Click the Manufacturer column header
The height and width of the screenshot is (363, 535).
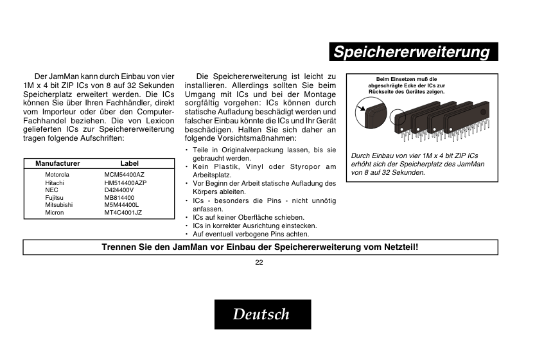click(x=58, y=164)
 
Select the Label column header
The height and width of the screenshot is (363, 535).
click(x=129, y=164)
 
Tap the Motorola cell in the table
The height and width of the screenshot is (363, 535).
click(x=57, y=175)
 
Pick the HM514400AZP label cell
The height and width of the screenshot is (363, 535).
click(x=125, y=183)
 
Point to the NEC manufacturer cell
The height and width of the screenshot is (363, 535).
click(x=51, y=190)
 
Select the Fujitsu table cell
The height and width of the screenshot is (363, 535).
click(x=54, y=198)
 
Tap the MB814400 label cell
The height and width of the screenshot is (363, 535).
click(x=119, y=198)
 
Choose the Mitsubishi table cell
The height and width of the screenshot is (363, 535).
click(x=58, y=205)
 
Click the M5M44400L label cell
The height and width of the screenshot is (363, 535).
click(x=121, y=205)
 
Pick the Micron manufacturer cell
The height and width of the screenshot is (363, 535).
click(x=55, y=213)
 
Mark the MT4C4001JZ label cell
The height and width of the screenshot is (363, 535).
click(x=123, y=213)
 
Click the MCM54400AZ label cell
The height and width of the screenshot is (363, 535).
click(x=124, y=175)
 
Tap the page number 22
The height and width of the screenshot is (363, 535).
click(x=259, y=262)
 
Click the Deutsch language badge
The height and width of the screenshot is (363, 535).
click(x=262, y=314)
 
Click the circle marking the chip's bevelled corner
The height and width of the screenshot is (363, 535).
click(x=398, y=118)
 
